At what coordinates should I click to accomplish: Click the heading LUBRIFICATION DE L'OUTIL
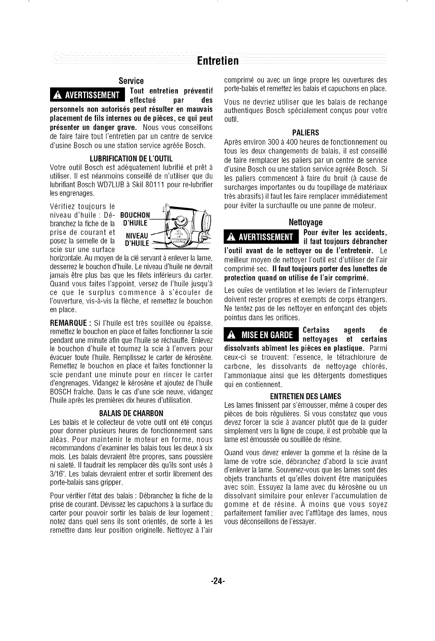tap(131, 158)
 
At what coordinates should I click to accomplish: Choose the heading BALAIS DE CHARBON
tap(131, 413)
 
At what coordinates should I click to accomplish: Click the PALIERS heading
tap(306, 132)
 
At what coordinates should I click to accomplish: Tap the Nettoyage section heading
tap(306, 222)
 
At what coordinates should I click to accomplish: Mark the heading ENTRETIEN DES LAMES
tap(306, 396)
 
